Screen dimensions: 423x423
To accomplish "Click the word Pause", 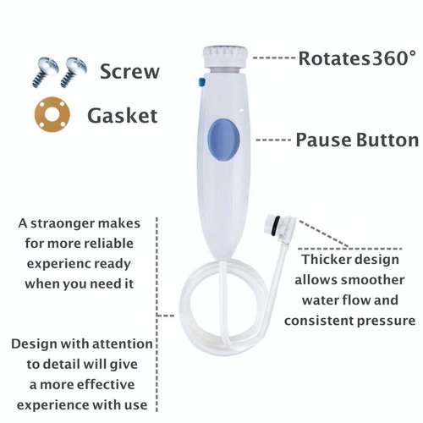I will tap(323, 139).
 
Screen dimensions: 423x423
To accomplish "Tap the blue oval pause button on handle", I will tap(222, 136).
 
